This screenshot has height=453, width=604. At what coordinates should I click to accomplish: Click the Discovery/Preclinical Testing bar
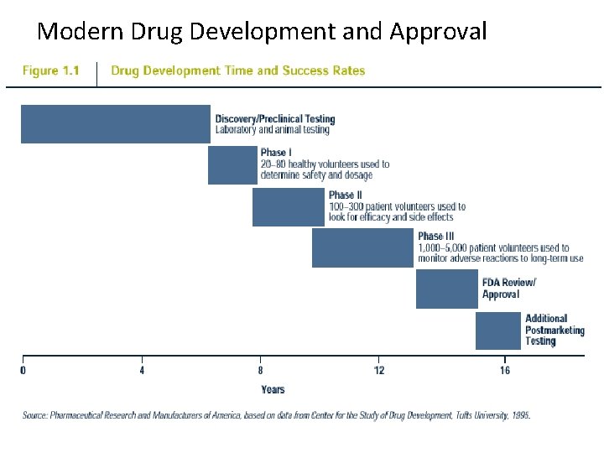[115, 124]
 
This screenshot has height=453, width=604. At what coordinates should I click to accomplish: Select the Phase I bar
[232, 165]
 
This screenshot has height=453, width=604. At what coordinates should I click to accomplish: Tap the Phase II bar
[288, 207]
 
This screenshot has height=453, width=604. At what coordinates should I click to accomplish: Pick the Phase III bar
[362, 247]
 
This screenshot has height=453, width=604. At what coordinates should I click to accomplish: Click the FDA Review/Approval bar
[446, 289]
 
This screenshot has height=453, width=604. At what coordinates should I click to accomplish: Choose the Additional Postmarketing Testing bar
[497, 331]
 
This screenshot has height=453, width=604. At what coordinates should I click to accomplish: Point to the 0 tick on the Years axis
[23, 370]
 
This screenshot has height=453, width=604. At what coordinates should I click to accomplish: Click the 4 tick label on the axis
[142, 370]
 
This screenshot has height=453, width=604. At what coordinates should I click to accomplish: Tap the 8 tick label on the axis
[260, 370]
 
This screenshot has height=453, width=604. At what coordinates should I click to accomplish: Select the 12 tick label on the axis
[379, 370]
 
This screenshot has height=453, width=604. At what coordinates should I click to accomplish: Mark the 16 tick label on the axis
[505, 370]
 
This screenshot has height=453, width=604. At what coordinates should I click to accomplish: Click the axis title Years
[273, 389]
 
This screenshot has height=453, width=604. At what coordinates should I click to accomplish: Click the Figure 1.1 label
[50, 71]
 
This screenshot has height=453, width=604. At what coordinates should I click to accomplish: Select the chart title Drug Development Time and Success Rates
[238, 71]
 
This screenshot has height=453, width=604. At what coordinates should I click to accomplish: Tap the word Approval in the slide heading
[438, 32]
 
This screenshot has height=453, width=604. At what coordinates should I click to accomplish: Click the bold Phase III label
[435, 237]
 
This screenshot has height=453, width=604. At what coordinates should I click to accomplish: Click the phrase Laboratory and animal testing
[273, 130]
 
